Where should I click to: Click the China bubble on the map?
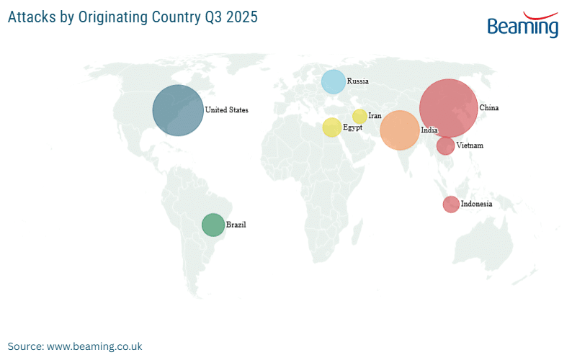448,107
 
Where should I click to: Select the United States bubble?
177,110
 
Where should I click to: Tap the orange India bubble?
399,130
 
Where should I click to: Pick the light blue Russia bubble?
333,81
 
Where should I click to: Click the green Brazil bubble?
213,225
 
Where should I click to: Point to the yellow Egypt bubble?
331,127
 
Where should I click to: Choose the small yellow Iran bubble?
359,116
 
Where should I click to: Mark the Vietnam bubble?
445,146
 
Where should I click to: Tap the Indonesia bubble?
450,204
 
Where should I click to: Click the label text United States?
226,110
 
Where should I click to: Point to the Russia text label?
358,81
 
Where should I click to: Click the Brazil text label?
236,225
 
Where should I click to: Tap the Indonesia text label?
477,204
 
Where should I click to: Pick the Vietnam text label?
470,145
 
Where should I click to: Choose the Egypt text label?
353,127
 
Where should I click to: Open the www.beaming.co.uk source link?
94,346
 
